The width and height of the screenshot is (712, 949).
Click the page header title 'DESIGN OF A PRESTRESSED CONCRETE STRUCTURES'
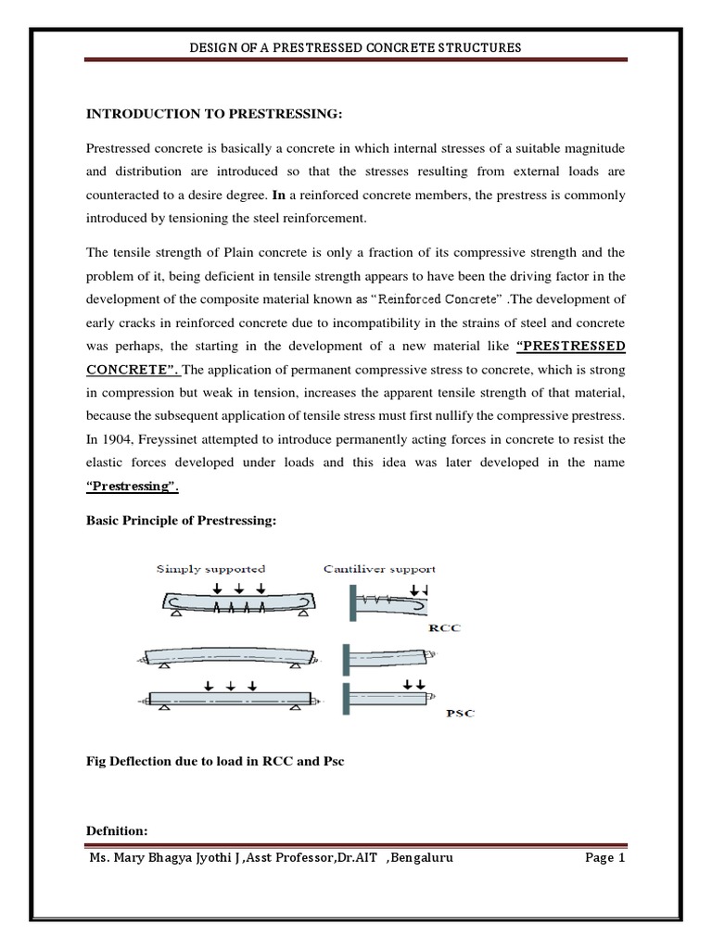[355, 46]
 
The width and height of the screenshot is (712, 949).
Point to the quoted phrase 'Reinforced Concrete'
[438, 300]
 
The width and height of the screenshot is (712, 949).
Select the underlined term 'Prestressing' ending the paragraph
[130, 485]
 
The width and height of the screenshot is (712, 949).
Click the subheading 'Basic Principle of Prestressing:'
[181, 521]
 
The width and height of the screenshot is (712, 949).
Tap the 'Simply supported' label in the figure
[211, 569]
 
